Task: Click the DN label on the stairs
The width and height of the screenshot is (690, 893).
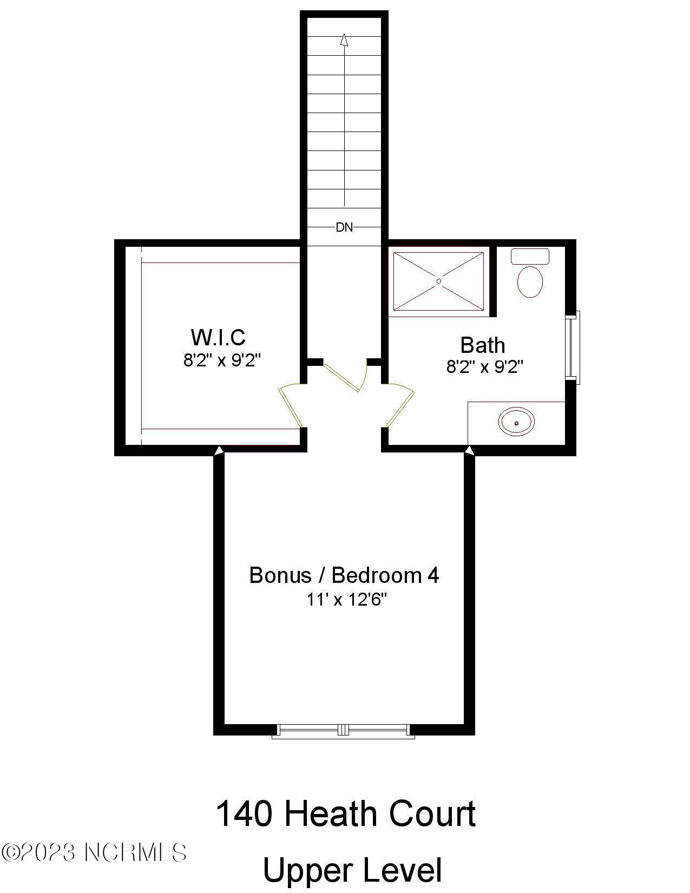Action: (x=344, y=227)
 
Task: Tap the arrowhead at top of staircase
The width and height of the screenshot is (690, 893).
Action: (x=344, y=41)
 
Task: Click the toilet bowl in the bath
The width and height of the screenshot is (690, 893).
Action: (x=530, y=282)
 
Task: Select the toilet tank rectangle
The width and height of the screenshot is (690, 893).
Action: (x=530, y=256)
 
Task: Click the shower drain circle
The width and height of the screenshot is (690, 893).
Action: (x=439, y=281)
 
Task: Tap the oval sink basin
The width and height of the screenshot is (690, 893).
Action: (x=516, y=422)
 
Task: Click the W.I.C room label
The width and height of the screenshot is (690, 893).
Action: (x=218, y=337)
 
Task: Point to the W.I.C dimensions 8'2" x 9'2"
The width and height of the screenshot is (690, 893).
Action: (x=222, y=360)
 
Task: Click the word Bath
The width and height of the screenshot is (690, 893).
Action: (x=482, y=345)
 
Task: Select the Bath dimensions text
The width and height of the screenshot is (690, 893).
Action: (x=484, y=367)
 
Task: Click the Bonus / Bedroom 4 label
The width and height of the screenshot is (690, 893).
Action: (x=344, y=575)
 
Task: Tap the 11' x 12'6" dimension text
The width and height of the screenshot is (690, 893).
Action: (x=346, y=600)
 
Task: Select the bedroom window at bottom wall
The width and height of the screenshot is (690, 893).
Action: (x=343, y=731)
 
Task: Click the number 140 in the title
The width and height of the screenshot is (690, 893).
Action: (x=244, y=814)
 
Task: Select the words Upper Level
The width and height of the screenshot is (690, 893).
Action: (x=352, y=870)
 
